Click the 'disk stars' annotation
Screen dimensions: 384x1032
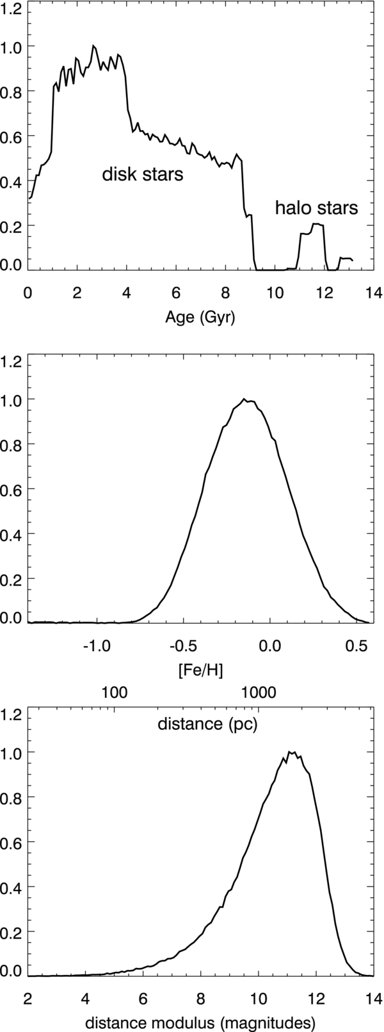[143, 175]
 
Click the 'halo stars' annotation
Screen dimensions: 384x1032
[316, 208]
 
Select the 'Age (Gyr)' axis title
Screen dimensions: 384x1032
[200, 318]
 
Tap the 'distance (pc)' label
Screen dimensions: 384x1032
[207, 724]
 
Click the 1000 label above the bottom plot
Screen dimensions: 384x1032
[259, 692]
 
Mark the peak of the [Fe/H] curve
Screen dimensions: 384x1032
[244, 399]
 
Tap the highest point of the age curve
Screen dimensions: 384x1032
[93, 45]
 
